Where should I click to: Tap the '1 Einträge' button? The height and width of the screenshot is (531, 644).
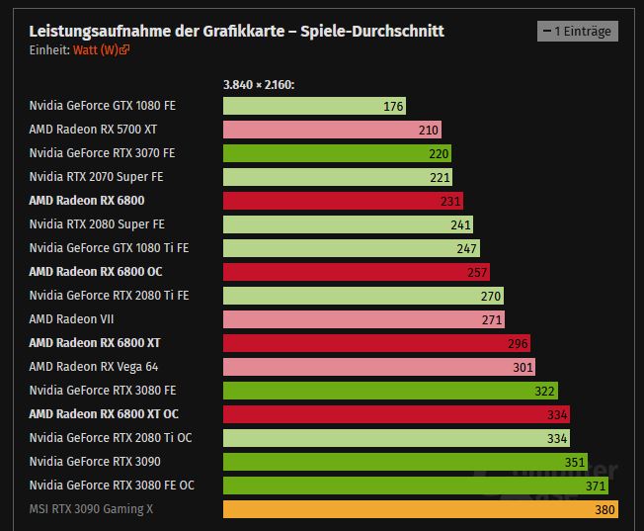tap(577, 32)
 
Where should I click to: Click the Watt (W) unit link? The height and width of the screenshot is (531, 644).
tap(101, 49)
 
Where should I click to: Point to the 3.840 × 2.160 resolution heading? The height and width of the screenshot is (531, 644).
tap(259, 85)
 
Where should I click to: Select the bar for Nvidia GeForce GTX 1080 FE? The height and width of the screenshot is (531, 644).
tap(314, 106)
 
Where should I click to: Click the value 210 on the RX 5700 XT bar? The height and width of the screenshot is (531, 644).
tap(428, 130)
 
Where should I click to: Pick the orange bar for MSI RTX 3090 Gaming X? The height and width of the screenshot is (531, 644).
tap(422, 509)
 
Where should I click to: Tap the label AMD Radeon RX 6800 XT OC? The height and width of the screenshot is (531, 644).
tap(104, 414)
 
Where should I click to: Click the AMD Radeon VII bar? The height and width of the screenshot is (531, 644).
tap(363, 319)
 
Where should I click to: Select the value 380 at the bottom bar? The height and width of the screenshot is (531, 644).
tap(604, 510)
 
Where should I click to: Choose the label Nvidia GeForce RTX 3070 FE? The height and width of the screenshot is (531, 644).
tap(102, 153)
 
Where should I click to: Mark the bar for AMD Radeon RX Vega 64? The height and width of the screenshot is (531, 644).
tap(378, 367)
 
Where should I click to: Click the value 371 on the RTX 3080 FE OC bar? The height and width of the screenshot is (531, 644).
tap(596, 487)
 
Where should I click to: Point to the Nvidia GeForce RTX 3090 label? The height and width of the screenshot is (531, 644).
tap(95, 462)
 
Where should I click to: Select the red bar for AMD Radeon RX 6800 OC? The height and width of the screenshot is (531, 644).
tap(356, 272)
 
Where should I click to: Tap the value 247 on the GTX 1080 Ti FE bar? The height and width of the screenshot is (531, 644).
tap(466, 248)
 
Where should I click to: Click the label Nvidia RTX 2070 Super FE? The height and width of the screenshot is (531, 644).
tap(96, 177)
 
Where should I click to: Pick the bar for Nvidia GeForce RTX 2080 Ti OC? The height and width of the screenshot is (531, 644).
tap(396, 438)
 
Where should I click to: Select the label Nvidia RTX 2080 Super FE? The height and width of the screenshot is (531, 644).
tap(97, 224)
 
